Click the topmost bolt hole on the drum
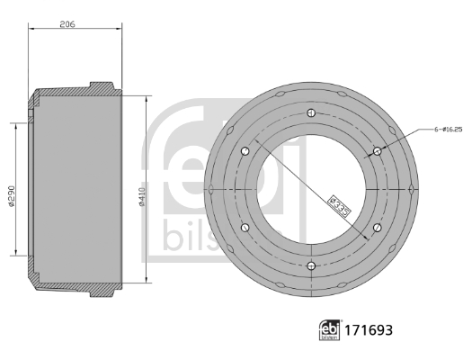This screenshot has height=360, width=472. [x=310, y=112]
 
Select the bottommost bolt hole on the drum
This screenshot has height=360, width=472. [x=310, y=265]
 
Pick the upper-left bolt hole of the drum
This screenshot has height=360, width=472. [x=244, y=151]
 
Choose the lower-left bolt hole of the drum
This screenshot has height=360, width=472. [x=244, y=228]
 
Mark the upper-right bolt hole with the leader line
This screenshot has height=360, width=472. [x=377, y=151]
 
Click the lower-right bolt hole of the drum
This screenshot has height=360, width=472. [x=377, y=228]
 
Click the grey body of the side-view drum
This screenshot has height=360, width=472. [x=76, y=189]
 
